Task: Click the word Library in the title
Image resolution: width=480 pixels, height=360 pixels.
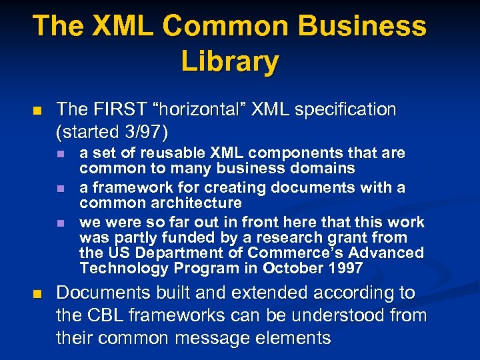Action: pyautogui.click(x=229, y=61)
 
